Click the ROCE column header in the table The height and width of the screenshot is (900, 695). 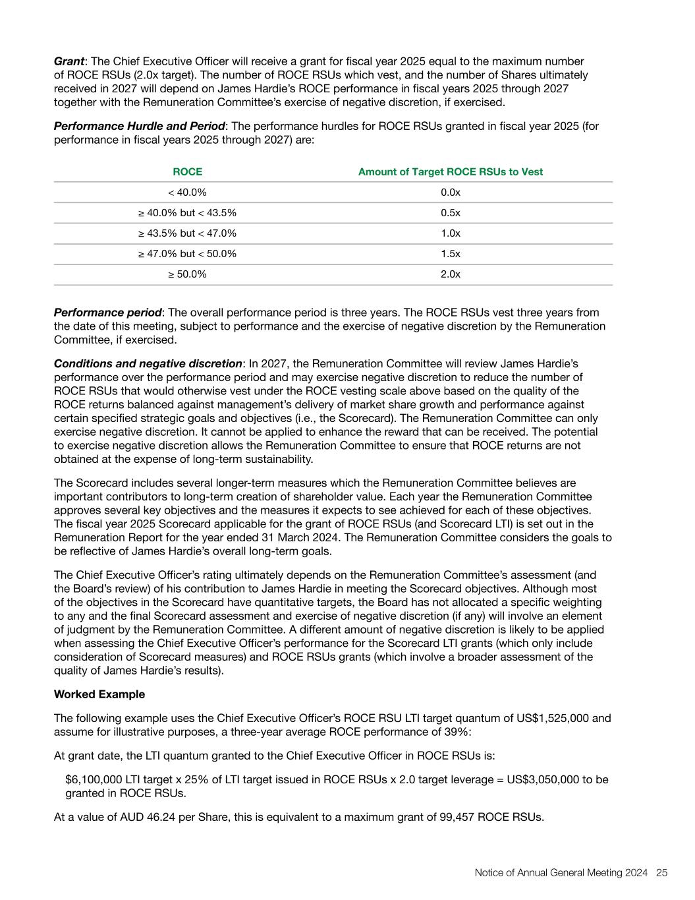tap(187, 171)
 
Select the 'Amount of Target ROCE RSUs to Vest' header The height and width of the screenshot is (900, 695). tap(450, 171)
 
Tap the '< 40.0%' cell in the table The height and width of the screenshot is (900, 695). tap(187, 193)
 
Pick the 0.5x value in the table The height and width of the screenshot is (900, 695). tap(450, 213)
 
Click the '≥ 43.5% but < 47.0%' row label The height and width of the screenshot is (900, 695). tap(187, 233)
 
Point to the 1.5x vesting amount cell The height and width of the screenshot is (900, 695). tap(450, 254)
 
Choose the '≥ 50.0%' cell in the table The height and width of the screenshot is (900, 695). tap(187, 274)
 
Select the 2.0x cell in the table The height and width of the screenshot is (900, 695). tap(450, 274)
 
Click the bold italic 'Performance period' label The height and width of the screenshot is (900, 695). tap(107, 313)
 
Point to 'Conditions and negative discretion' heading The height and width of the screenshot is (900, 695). tap(148, 364)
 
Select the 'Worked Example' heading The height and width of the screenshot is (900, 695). tap(99, 694)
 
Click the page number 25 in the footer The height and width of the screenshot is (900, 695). tap(662, 873)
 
